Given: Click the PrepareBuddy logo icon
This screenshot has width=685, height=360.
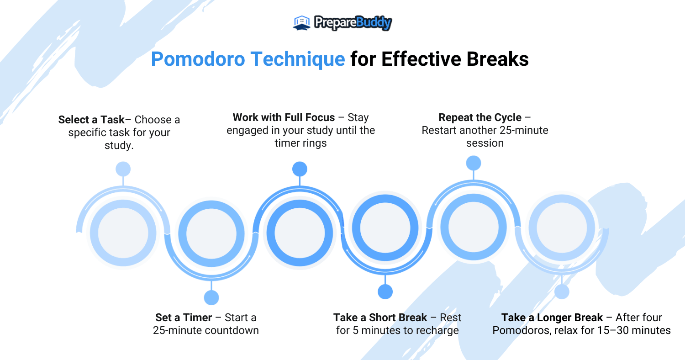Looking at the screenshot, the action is click(x=301, y=23).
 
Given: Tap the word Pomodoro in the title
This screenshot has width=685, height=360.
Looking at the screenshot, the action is click(x=198, y=59).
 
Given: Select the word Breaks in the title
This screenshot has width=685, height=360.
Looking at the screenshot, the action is click(x=498, y=59).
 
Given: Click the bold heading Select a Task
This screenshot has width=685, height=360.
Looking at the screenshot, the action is click(x=91, y=120).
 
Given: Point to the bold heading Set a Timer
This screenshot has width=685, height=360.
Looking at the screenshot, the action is click(x=184, y=318).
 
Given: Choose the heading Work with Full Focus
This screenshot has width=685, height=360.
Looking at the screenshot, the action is click(x=284, y=117).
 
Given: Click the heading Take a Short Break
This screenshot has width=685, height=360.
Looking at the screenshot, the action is click(x=380, y=318).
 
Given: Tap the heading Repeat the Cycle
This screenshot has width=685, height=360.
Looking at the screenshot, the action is click(x=480, y=117).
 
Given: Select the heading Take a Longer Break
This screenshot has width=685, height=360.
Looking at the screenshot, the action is click(x=552, y=318).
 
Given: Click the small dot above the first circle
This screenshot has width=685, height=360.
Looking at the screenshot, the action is click(x=123, y=169).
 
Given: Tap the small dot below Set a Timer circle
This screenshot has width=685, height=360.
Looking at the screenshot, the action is click(x=211, y=297).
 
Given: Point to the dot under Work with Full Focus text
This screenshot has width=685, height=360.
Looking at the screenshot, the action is click(x=300, y=169).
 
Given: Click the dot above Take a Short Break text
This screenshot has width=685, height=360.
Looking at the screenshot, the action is click(x=385, y=291).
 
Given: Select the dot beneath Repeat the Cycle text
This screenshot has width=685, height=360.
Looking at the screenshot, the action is click(x=474, y=163).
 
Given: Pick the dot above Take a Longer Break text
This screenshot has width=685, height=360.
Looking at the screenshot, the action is click(x=562, y=291).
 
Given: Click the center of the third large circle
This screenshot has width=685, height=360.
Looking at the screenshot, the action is click(x=300, y=233).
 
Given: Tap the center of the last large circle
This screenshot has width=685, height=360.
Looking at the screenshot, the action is click(x=562, y=228).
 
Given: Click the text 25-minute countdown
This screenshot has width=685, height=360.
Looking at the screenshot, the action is click(x=206, y=330).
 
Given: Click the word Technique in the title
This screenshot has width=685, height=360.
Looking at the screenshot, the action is click(x=298, y=59).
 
